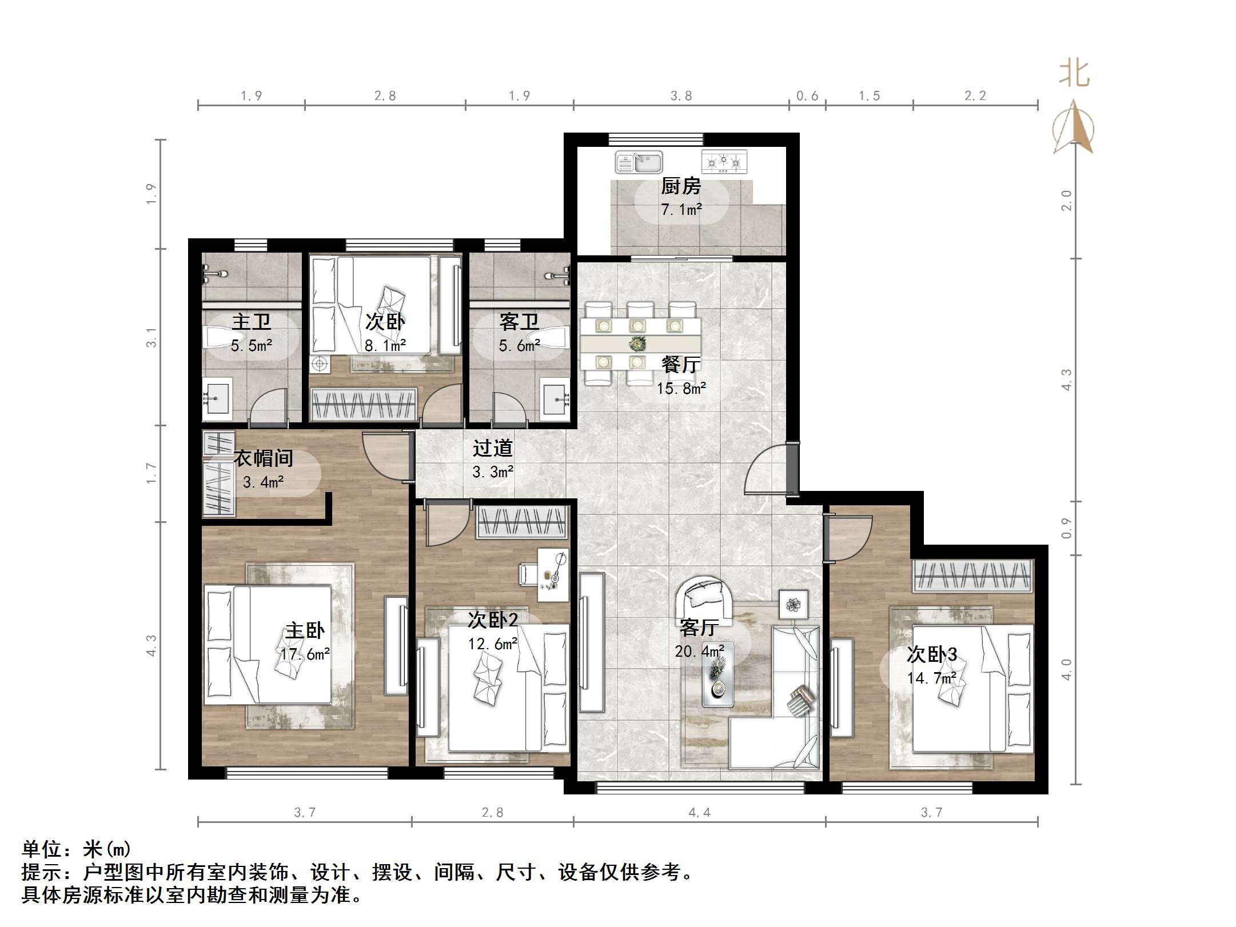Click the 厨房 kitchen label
click(680, 186)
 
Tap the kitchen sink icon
click(639, 162)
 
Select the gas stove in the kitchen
click(724, 162)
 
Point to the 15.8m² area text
click(681, 389)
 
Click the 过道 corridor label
click(492, 449)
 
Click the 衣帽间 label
click(263, 458)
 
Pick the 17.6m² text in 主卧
click(305, 654)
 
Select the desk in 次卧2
click(552, 574)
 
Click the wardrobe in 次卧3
click(972, 576)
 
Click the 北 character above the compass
click(1074, 74)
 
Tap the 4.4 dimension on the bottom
click(699, 813)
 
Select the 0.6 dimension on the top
click(807, 96)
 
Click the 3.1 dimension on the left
click(151, 337)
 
